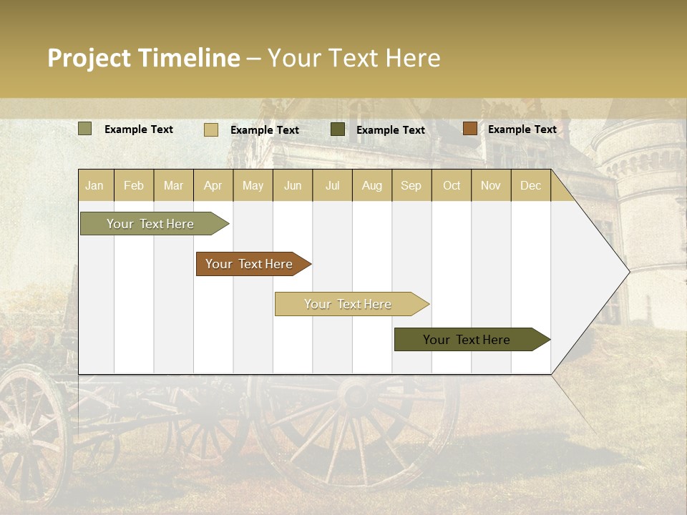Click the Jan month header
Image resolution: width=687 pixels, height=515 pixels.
[x=94, y=185]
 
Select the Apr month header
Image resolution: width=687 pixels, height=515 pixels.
[x=213, y=185]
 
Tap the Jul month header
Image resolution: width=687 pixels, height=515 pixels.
[x=332, y=185]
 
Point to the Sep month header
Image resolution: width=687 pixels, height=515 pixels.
[x=411, y=185]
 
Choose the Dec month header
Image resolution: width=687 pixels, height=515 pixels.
[x=530, y=185]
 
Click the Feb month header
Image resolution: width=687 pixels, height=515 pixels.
[x=134, y=185]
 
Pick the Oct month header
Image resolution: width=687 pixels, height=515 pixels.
[x=452, y=185]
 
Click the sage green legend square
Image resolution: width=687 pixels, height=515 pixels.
[x=85, y=129]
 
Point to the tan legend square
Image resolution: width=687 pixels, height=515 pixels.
[x=211, y=129]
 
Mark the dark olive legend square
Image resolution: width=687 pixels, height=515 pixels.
[x=338, y=129]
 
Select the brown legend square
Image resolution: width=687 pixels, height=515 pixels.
[x=469, y=129]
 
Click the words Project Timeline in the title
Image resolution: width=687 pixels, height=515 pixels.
[x=144, y=58]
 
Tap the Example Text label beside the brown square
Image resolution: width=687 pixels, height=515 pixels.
[x=522, y=129]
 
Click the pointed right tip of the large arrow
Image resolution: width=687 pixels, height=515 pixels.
[x=628, y=271]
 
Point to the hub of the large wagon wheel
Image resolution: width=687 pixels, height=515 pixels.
[x=356, y=394]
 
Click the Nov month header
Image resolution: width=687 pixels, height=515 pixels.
[x=491, y=185]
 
